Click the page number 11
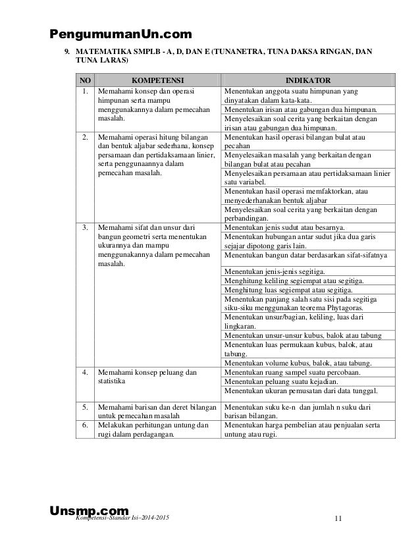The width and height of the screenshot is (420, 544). (338, 518)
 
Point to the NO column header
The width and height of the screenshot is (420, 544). (84, 76)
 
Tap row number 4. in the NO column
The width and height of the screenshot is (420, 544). (84, 373)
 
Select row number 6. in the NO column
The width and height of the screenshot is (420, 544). (84, 425)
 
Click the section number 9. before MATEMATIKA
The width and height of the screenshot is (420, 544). (66, 51)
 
